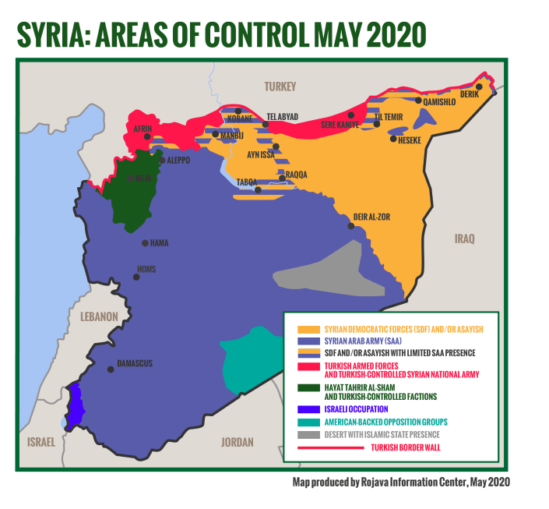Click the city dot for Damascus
point(111,369)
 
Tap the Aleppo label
point(178,160)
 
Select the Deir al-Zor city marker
point(351,226)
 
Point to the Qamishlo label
point(439,101)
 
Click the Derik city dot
point(480,87)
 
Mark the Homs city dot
point(136,277)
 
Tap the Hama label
point(159,243)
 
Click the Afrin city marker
point(147,136)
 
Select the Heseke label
point(410,140)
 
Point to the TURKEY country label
point(280,87)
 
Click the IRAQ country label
point(465,239)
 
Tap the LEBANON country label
point(98,316)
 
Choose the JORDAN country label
point(237,442)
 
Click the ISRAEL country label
point(41,442)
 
